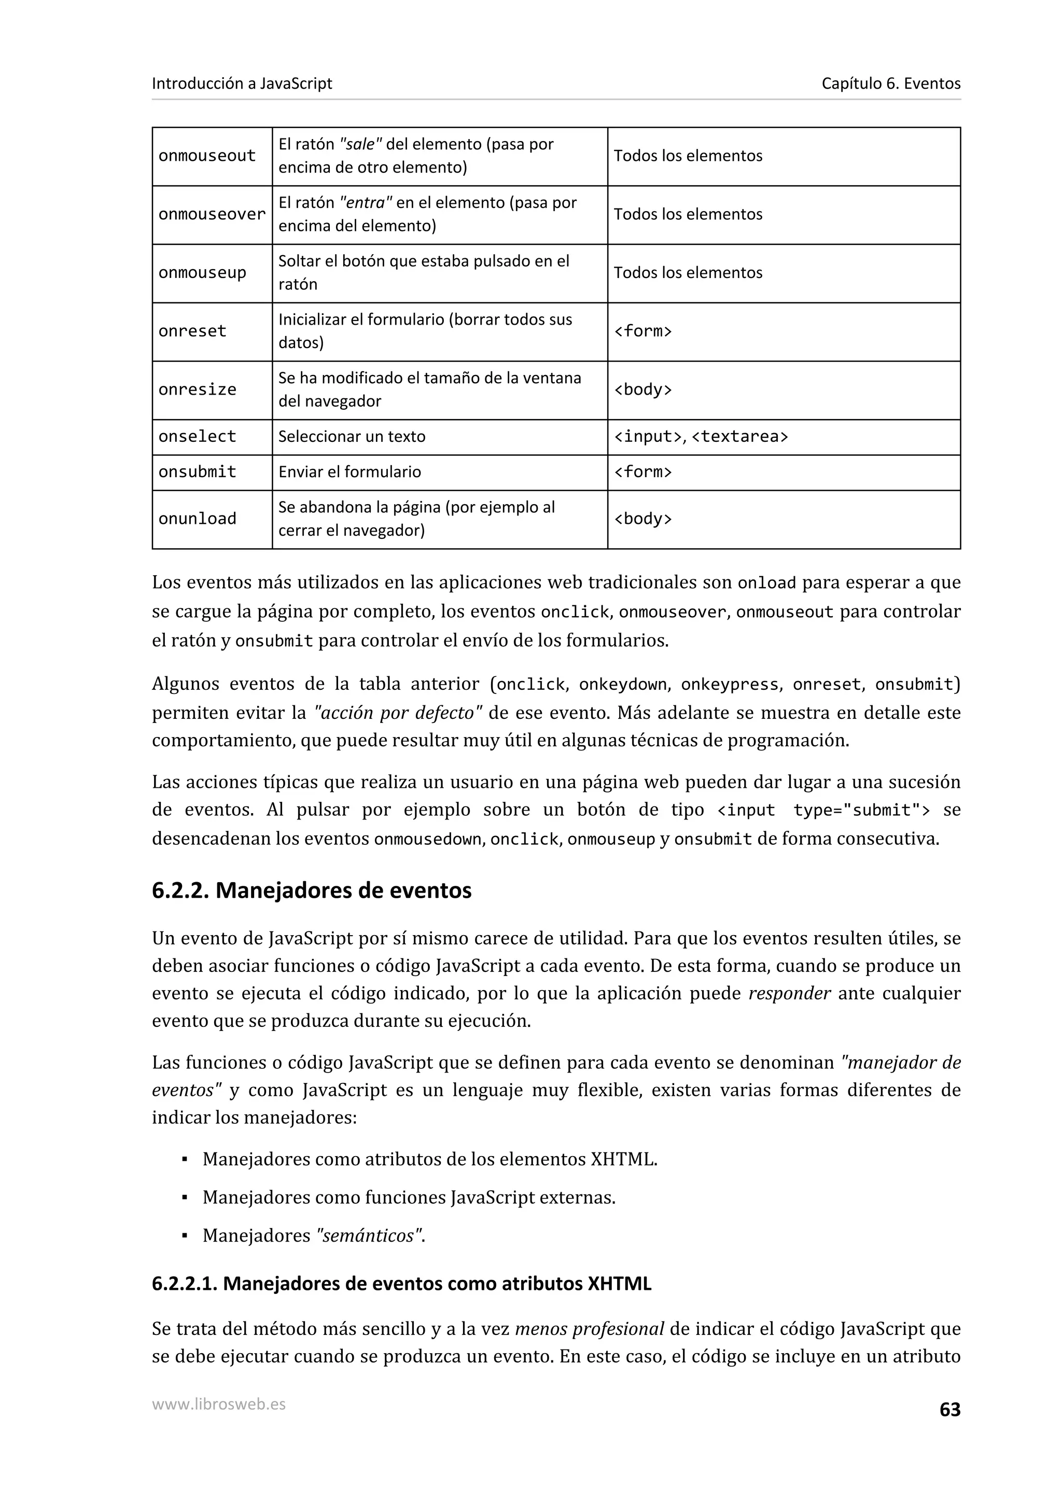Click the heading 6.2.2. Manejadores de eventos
click(x=312, y=890)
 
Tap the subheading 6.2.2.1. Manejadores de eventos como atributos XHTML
click(x=401, y=1284)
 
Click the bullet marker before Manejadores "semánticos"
click(x=185, y=1236)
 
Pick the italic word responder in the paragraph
click(x=789, y=994)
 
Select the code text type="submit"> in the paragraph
click(x=861, y=811)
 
